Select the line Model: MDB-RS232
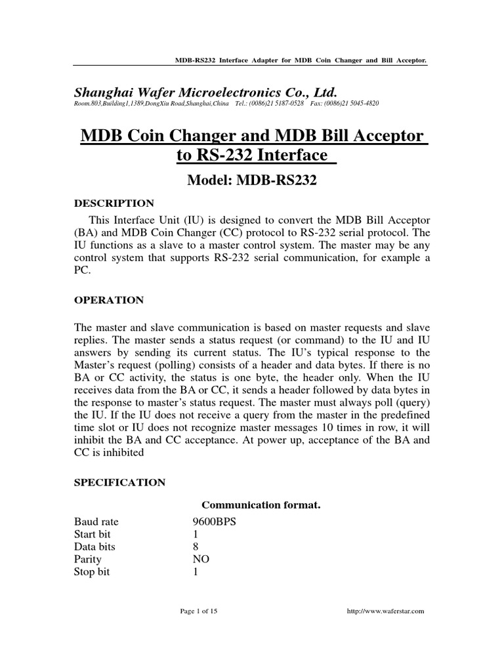click(x=252, y=181)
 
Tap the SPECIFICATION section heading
click(x=119, y=482)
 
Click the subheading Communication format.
click(x=252, y=505)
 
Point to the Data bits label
click(x=94, y=547)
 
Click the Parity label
click(x=87, y=559)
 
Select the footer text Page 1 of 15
click(x=199, y=611)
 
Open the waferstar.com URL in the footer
click(x=386, y=611)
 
